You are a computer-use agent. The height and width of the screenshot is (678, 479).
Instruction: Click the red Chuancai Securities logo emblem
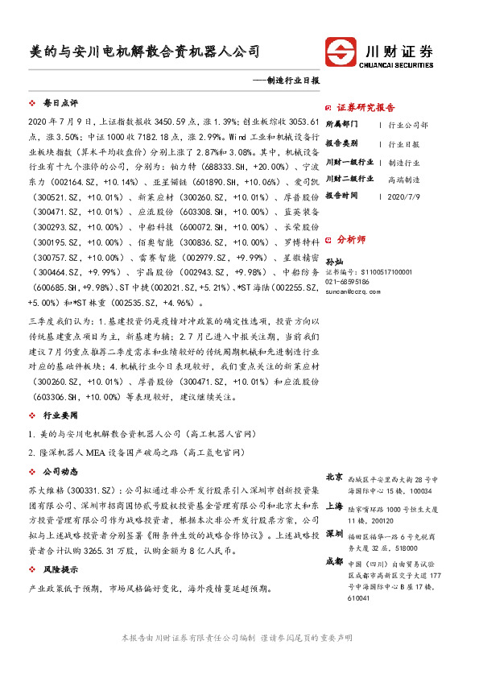[x=343, y=50]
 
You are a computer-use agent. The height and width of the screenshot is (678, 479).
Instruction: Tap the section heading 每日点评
[x=60, y=104]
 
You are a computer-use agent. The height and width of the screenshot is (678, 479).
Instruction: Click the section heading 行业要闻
[x=60, y=415]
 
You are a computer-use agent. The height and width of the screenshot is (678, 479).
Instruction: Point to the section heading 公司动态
[x=60, y=471]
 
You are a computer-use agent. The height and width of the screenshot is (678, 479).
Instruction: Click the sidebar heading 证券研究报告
[x=365, y=107]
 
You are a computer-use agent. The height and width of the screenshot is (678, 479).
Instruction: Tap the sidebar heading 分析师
[x=351, y=239]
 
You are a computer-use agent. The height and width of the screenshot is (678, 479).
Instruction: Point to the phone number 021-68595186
[x=347, y=282]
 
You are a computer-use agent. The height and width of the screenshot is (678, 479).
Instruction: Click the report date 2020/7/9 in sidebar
[x=404, y=195]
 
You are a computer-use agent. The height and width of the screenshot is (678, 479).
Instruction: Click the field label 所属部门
[x=343, y=126]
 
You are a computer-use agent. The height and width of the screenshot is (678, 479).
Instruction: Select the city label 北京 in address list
[x=334, y=477]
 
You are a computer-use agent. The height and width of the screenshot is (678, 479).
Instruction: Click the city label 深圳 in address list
[x=334, y=533]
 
